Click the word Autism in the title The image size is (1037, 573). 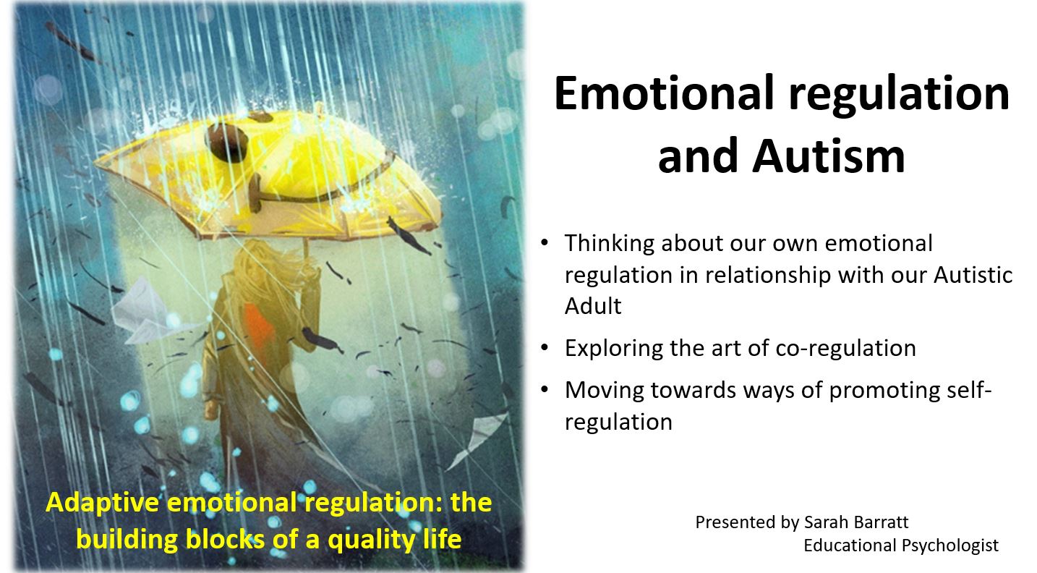(x=828, y=156)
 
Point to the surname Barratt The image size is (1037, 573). (x=882, y=522)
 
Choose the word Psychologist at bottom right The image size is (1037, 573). (x=949, y=546)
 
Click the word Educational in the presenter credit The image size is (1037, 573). (x=850, y=546)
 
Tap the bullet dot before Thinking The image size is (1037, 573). (x=545, y=242)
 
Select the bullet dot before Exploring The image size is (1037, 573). (x=545, y=347)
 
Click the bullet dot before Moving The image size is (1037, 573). (x=545, y=389)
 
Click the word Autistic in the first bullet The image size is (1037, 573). (x=973, y=275)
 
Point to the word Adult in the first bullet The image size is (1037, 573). (x=593, y=306)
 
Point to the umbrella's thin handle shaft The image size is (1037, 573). (x=306, y=248)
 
